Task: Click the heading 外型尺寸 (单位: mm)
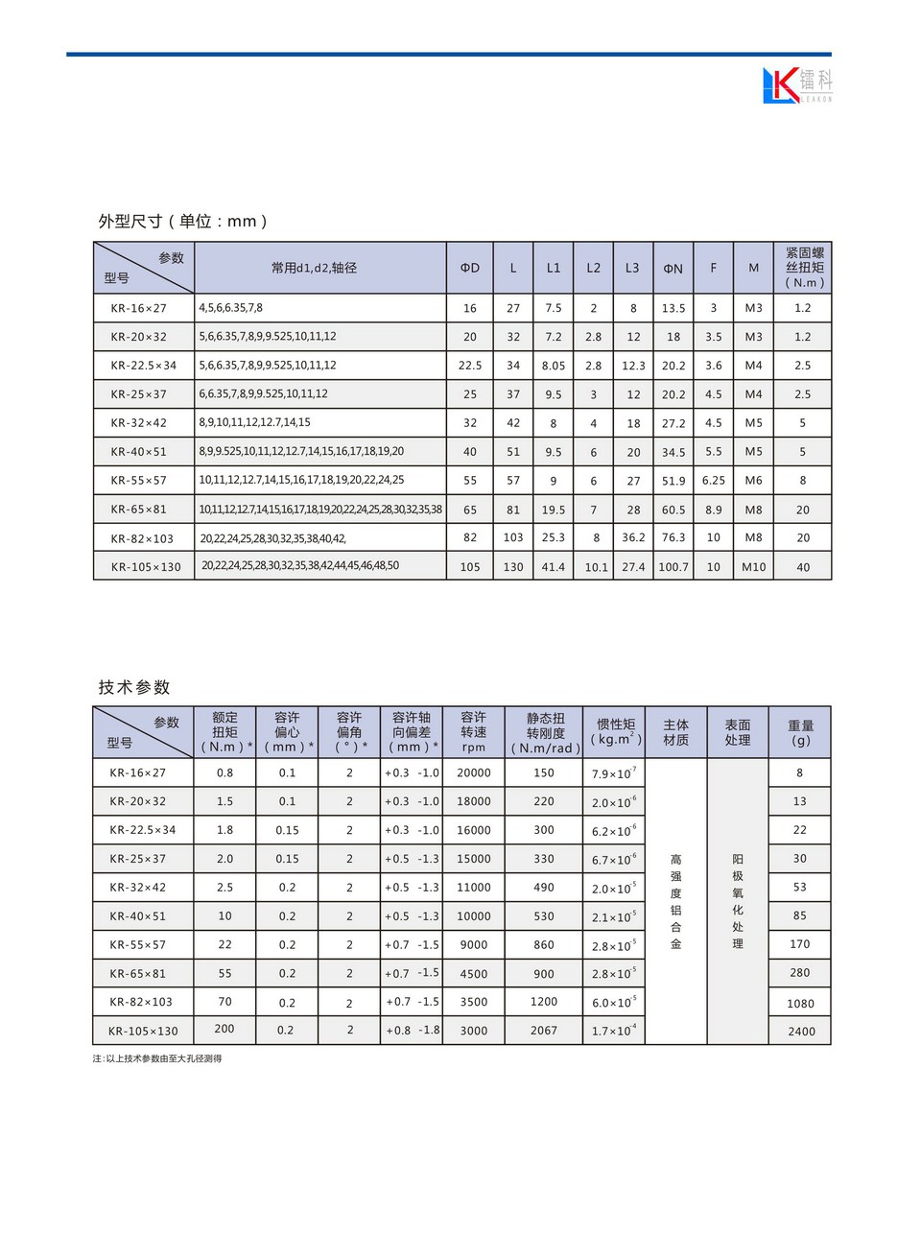(182, 221)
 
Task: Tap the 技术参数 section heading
(134, 687)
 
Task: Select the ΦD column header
(470, 268)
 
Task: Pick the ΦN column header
(673, 269)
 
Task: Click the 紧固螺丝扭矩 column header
(804, 268)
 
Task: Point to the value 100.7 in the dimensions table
(673, 567)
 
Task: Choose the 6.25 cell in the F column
(713, 481)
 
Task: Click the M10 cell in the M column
(754, 567)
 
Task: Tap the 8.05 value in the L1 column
(554, 366)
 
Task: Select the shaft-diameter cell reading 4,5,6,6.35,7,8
(231, 308)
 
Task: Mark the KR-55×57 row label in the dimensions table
(138, 481)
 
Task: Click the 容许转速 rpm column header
(474, 732)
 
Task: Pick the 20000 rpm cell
(474, 772)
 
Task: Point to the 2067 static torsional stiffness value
(544, 1031)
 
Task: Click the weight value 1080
(800, 1004)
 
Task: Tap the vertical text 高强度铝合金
(676, 902)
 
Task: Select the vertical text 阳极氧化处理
(738, 902)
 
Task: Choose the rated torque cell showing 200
(224, 1029)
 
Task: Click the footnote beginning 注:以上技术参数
(157, 1058)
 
